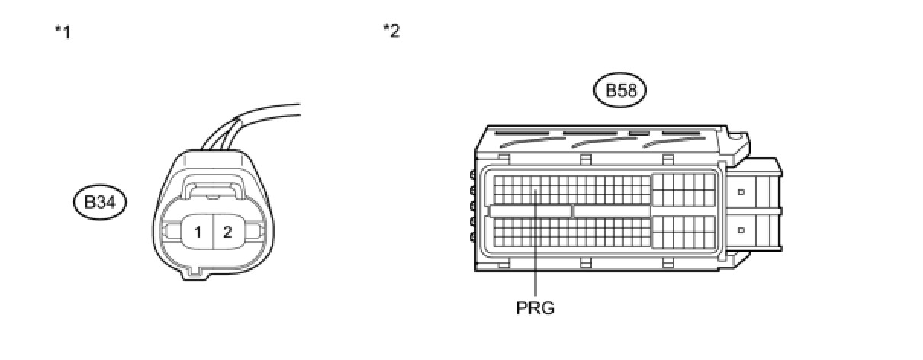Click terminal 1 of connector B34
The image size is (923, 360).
[198, 233]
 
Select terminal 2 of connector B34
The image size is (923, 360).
[227, 233]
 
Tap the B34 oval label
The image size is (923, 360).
[100, 203]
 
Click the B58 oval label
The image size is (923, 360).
[620, 91]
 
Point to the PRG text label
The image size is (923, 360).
[535, 309]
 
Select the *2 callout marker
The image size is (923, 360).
[391, 31]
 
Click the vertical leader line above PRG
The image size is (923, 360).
[537, 252]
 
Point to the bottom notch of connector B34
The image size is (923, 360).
[195, 271]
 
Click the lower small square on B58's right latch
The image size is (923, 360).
[740, 229]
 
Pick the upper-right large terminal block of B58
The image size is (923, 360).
[684, 190]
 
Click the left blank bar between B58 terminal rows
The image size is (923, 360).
[530, 211]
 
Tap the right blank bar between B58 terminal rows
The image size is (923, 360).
[612, 211]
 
